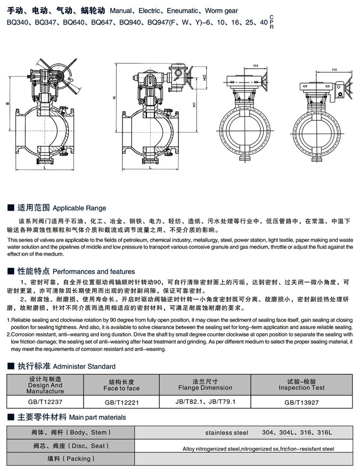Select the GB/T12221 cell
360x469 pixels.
122,402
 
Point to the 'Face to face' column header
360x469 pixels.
121,388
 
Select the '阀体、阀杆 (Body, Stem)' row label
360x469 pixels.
70,432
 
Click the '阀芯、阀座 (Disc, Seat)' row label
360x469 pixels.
70,446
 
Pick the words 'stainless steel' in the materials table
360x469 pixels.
227,432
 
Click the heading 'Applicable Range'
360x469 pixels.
79,208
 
